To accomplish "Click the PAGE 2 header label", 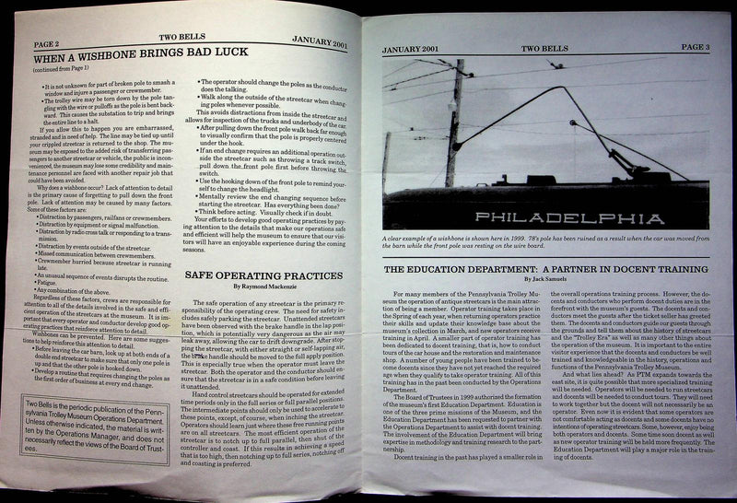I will coord(25,41).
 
